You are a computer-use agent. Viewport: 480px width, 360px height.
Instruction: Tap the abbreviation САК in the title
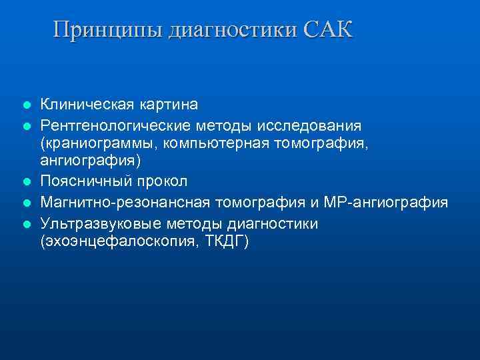tap(327, 30)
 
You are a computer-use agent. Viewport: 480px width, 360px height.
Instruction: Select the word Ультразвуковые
tap(91, 223)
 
